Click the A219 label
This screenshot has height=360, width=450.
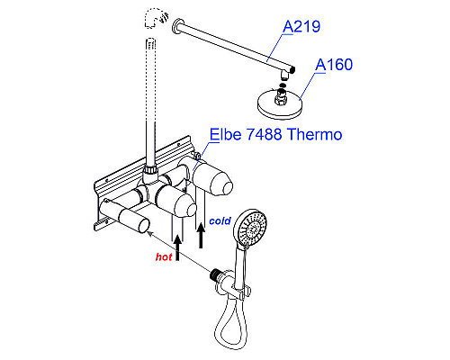(301, 26)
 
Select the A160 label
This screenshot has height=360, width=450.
(334, 65)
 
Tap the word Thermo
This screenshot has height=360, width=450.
(315, 134)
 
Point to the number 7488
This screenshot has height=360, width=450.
(264, 134)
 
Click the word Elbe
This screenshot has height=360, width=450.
(225, 134)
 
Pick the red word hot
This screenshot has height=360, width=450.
(164, 256)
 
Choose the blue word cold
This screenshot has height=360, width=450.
(220, 220)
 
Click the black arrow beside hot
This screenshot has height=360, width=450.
(177, 247)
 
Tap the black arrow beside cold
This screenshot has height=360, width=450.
(201, 236)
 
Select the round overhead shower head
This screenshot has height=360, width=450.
(281, 104)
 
